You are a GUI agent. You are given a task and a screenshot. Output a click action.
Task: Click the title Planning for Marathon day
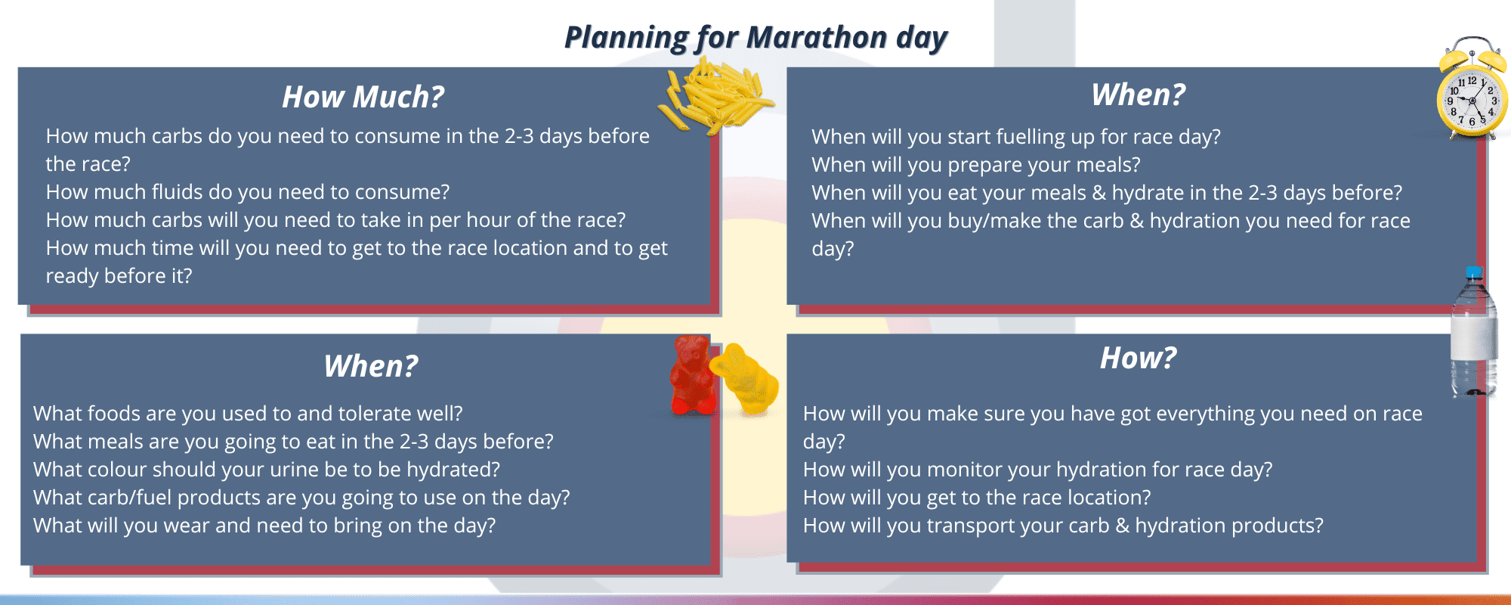[755, 38]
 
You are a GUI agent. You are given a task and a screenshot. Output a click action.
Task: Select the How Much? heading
[363, 97]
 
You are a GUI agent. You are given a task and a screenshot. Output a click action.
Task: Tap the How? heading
[1138, 358]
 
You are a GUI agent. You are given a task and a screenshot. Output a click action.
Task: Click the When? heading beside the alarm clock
[1139, 95]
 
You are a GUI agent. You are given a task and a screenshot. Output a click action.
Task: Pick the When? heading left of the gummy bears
[371, 366]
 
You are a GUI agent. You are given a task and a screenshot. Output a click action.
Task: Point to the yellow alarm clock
[1472, 88]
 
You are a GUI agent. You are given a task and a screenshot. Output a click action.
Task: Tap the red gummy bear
[692, 375]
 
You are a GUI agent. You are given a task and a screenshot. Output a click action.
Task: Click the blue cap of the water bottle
[1473, 272]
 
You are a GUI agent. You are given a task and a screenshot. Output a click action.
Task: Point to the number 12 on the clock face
[1472, 80]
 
